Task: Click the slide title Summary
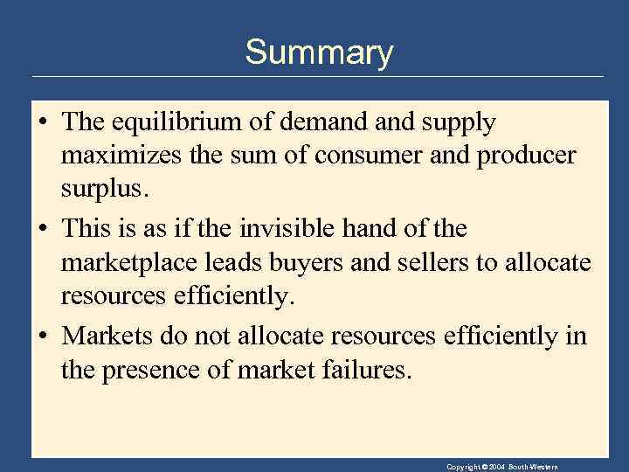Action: pos(319,52)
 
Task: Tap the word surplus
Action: pos(99,188)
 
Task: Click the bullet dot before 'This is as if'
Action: pos(42,230)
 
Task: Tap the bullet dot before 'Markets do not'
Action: pos(42,337)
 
